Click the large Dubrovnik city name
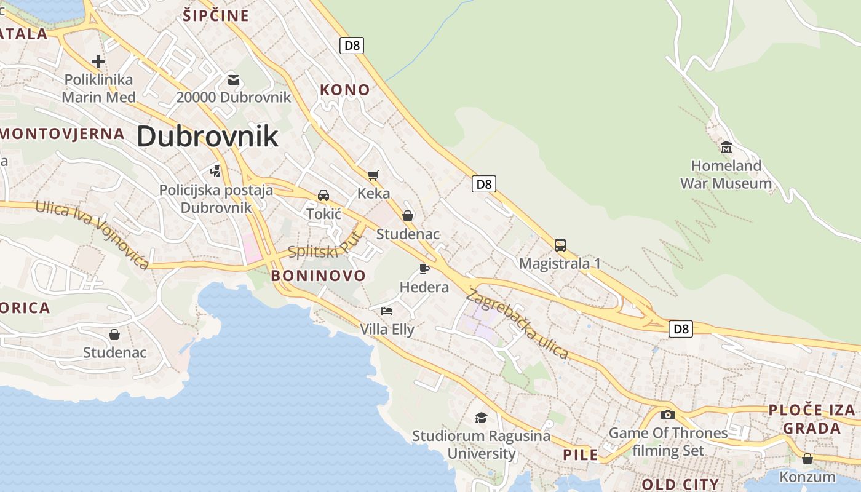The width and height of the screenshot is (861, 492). pos(207,136)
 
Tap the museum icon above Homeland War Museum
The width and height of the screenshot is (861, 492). pos(726,147)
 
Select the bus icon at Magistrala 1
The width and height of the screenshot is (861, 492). pos(560,245)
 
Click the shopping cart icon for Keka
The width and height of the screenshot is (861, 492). pos(373,176)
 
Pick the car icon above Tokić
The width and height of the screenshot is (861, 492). pos(323,196)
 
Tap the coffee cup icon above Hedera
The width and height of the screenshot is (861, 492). pos(424,268)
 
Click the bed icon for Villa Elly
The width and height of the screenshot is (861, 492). pos(387,311)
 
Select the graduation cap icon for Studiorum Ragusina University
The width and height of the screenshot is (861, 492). pos(481,418)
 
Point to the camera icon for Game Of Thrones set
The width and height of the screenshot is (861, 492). pos(668,415)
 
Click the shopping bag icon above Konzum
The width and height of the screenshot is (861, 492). pos(807,459)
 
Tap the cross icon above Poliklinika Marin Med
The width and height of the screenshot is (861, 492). pos(98,61)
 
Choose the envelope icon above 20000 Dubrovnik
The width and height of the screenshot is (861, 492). pos(233,79)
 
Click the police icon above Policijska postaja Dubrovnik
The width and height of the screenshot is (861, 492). pos(215,170)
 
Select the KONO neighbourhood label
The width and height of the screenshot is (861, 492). pos(345,90)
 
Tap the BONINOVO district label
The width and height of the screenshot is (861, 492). pos(319,275)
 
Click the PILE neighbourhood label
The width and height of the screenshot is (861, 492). pos(581,454)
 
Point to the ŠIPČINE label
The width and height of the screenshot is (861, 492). pos(216,15)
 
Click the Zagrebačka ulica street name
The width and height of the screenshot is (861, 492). pos(517,323)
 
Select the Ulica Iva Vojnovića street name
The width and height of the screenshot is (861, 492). pos(92,234)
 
